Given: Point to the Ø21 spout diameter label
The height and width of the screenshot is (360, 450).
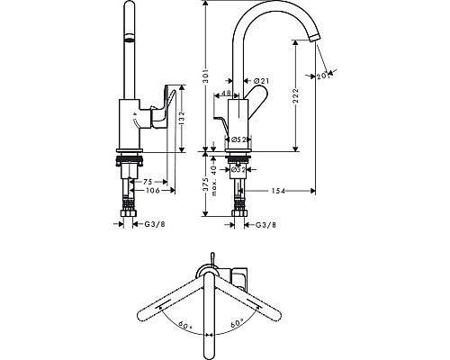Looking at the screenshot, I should (263, 82).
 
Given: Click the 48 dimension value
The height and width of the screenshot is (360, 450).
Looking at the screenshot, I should (226, 94).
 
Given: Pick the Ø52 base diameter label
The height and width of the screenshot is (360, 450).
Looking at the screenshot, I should (239, 139).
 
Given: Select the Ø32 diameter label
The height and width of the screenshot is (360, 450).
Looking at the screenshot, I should (238, 169).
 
